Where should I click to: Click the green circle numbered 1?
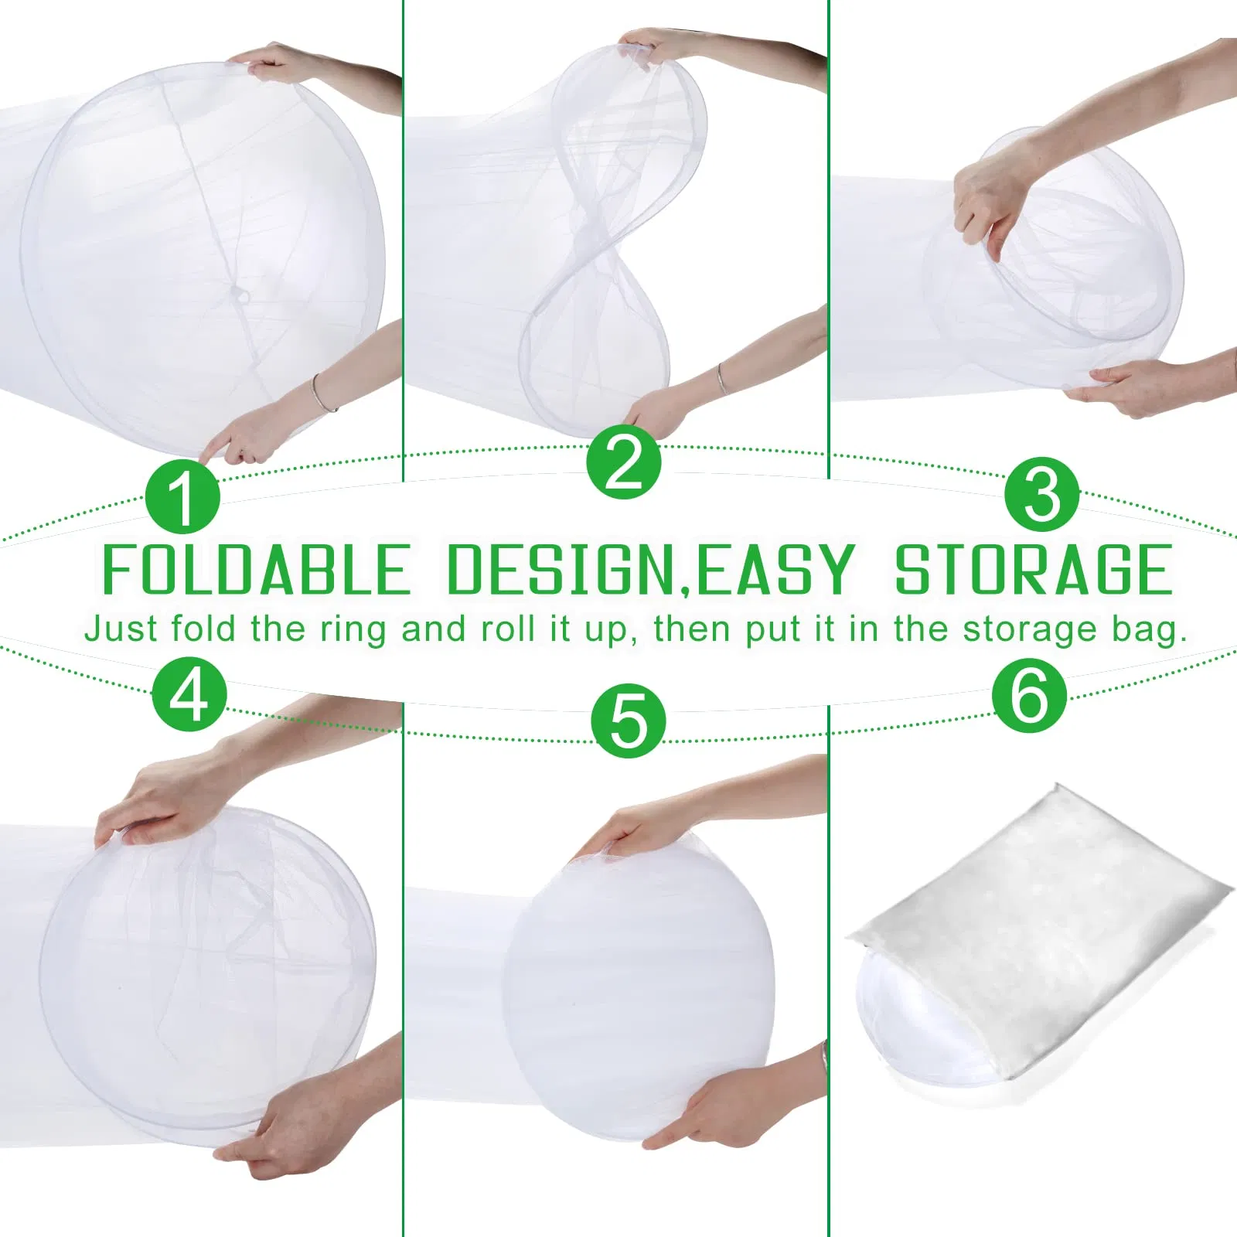(x=183, y=496)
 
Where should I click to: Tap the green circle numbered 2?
(x=623, y=462)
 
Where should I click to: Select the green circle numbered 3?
(x=1042, y=493)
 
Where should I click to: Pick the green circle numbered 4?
(x=189, y=693)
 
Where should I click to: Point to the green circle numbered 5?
(x=629, y=720)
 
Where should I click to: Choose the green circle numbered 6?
(x=1030, y=694)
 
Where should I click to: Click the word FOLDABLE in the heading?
(x=256, y=570)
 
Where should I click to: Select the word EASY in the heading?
(x=775, y=570)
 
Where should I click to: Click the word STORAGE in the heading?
(x=1034, y=570)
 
